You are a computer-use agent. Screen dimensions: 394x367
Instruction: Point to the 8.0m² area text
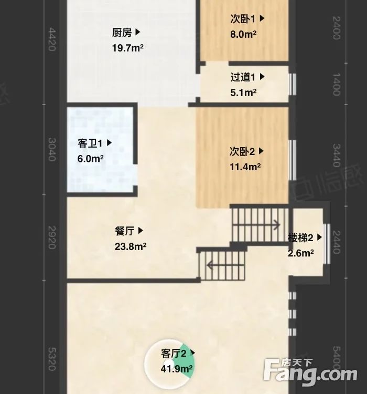click(x=243, y=35)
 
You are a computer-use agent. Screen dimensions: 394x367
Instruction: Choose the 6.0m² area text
click(x=91, y=158)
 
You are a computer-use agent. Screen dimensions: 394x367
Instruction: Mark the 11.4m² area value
click(x=245, y=168)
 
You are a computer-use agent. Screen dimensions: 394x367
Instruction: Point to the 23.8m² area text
click(x=130, y=246)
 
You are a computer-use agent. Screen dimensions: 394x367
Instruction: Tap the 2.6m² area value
click(x=301, y=253)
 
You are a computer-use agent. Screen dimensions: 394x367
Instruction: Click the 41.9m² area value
click(x=177, y=368)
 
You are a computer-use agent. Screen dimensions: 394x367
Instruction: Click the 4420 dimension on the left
click(x=51, y=39)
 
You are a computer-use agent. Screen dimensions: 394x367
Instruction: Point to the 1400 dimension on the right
click(x=336, y=84)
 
